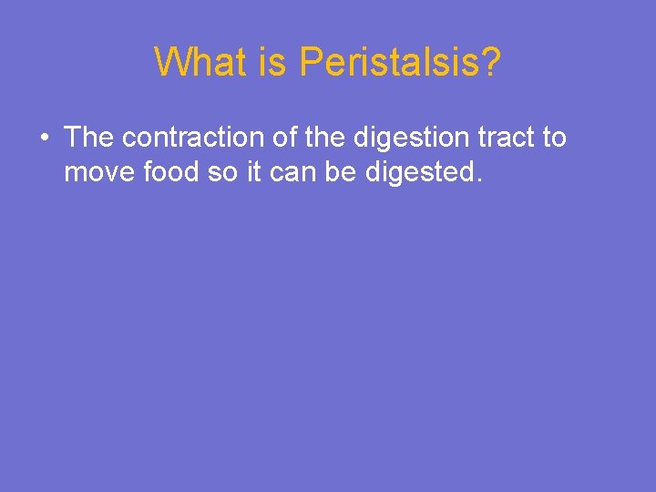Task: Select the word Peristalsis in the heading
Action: click(x=385, y=63)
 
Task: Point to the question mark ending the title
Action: click(x=489, y=63)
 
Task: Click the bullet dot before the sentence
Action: click(x=44, y=139)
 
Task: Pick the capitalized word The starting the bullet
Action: click(x=89, y=138)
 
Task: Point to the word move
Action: click(x=101, y=172)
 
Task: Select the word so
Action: click(x=222, y=172)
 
